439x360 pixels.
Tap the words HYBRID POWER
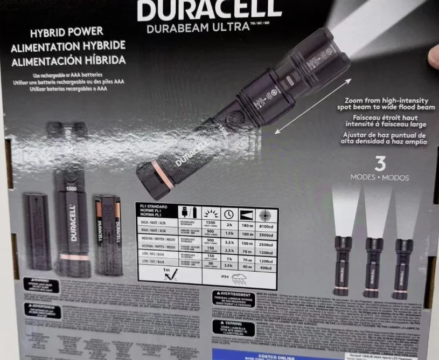66,32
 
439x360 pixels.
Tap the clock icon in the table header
228,213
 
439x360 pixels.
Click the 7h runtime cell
228,259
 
